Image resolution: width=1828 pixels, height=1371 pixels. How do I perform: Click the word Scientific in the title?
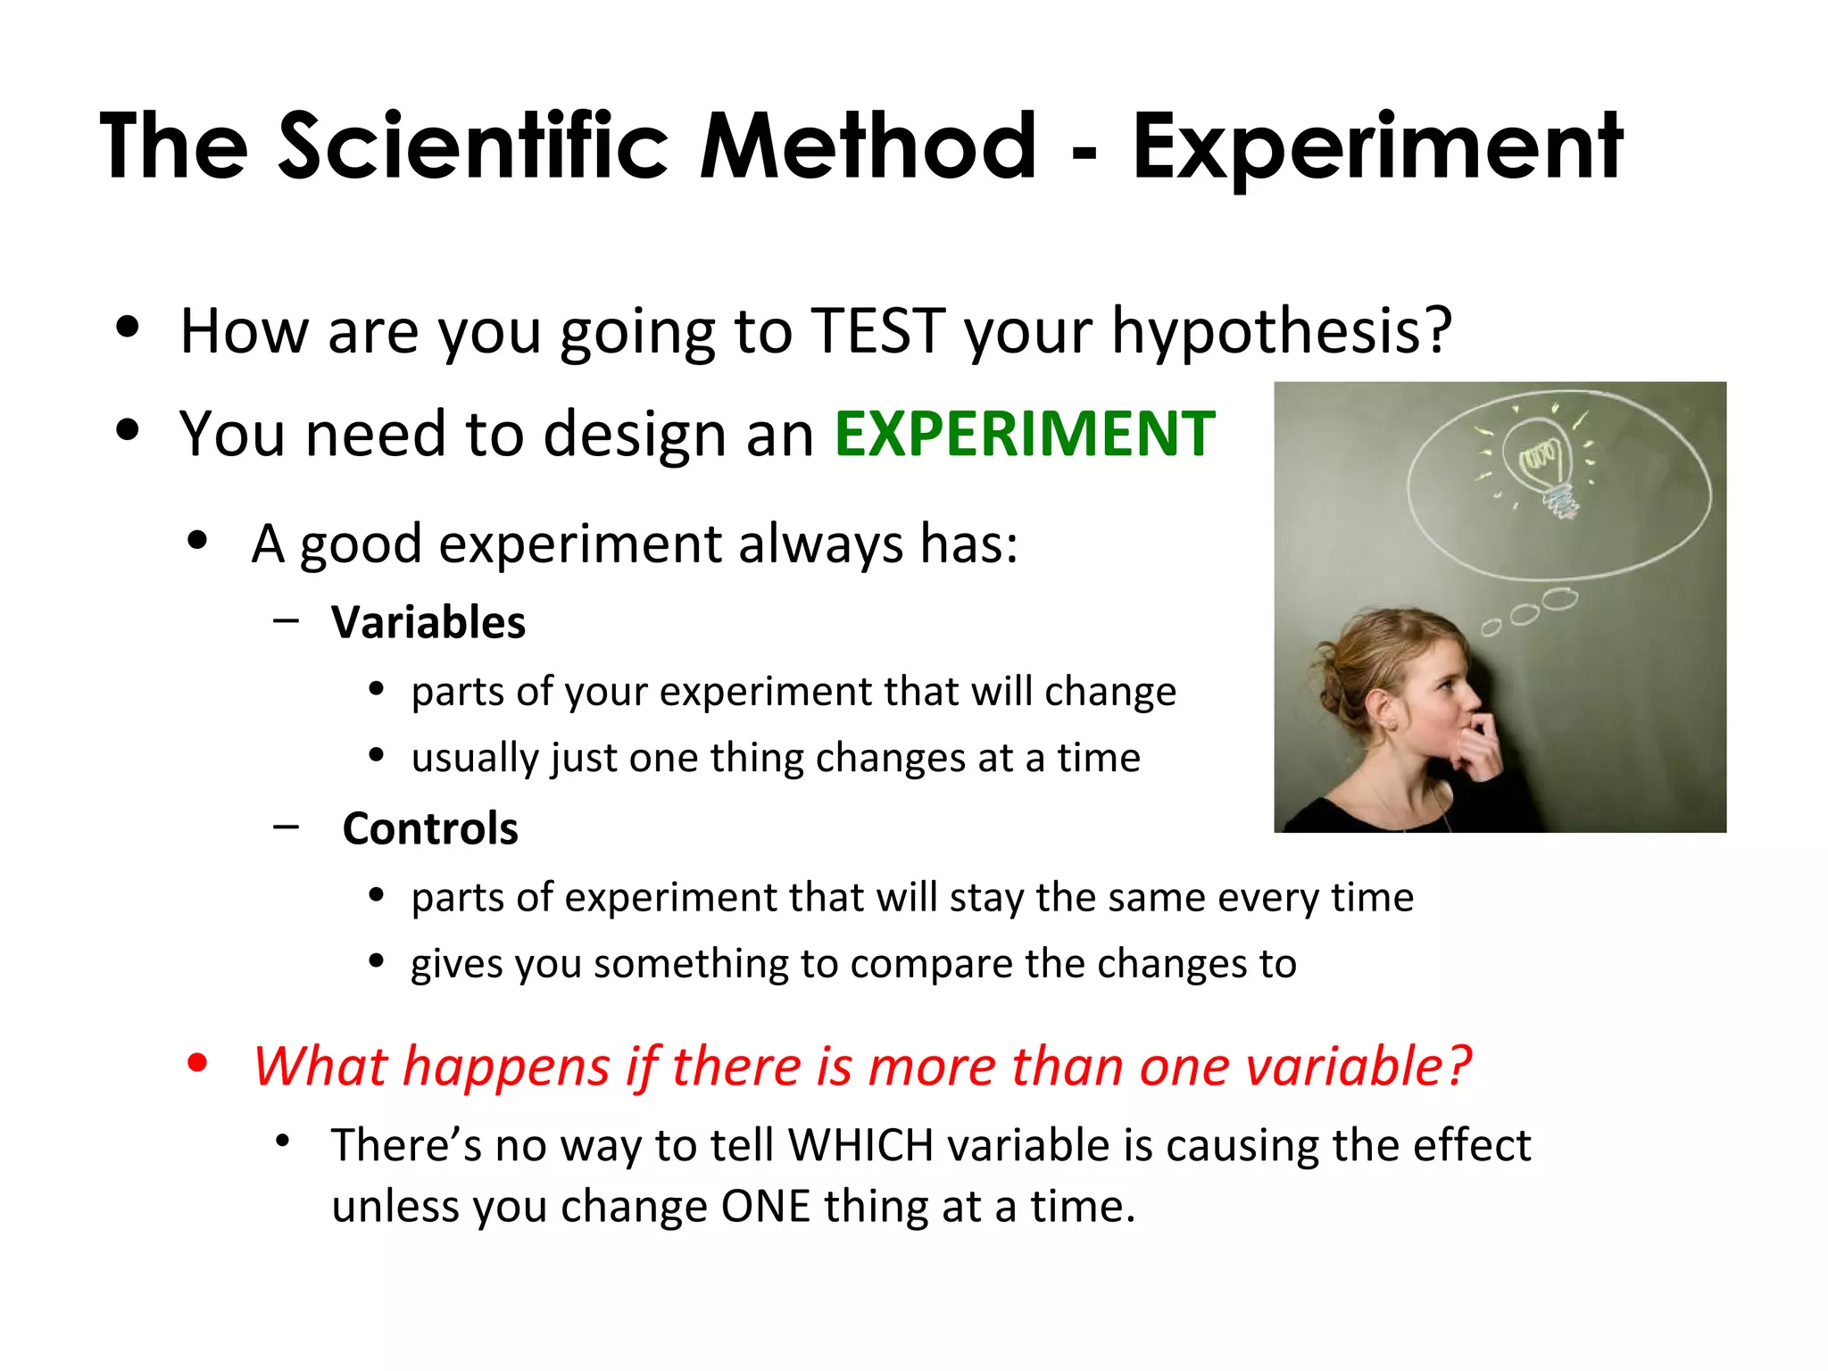pos(473,145)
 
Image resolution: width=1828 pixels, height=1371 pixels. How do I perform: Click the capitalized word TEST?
pos(878,331)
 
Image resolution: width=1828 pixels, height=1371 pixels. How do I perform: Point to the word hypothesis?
pos(1282,331)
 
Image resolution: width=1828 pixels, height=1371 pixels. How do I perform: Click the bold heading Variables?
pos(428,622)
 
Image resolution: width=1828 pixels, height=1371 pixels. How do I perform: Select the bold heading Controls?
pos(430,828)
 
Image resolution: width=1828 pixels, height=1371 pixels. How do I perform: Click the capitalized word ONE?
pos(765,1206)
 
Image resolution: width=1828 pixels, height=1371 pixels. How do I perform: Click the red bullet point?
pos(197,1063)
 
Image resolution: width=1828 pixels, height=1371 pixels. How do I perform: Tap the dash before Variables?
pos(287,619)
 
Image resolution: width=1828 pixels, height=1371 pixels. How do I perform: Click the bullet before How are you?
pos(128,327)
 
